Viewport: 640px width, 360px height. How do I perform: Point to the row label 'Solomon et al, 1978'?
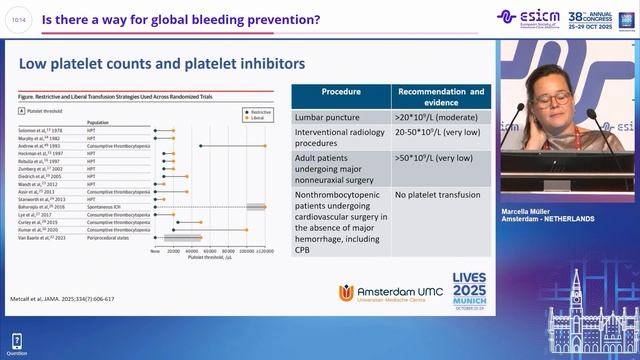(x=41, y=132)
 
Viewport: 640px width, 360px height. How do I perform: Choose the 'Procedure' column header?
(x=340, y=93)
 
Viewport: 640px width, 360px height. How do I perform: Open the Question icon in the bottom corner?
(x=16, y=345)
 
